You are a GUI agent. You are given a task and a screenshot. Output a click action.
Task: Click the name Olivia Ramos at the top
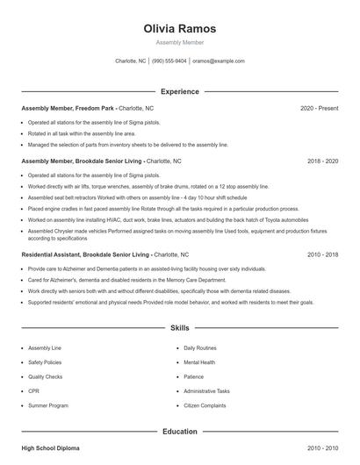(x=179, y=28)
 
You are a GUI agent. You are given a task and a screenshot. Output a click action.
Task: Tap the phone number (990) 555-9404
(x=169, y=61)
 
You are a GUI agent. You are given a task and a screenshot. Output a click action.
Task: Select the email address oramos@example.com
(x=219, y=61)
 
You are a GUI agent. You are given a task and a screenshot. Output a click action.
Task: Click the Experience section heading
(x=179, y=91)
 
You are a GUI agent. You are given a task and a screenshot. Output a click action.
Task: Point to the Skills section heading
(x=179, y=328)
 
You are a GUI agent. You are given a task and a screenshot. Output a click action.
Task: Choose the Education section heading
(x=179, y=431)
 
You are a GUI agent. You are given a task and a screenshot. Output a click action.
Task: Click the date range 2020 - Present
(x=319, y=108)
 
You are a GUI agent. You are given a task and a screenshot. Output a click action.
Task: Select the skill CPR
(x=33, y=390)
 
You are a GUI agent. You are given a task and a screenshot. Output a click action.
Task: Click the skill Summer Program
(x=48, y=405)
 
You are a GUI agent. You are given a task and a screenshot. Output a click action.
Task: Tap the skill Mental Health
(x=200, y=361)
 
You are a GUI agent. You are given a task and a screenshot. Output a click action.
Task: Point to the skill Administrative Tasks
(x=207, y=390)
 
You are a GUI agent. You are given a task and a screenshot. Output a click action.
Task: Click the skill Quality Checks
(x=46, y=376)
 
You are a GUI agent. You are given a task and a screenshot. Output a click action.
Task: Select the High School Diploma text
(x=50, y=447)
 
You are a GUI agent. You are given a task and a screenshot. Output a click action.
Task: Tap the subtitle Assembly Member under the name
(x=179, y=42)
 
